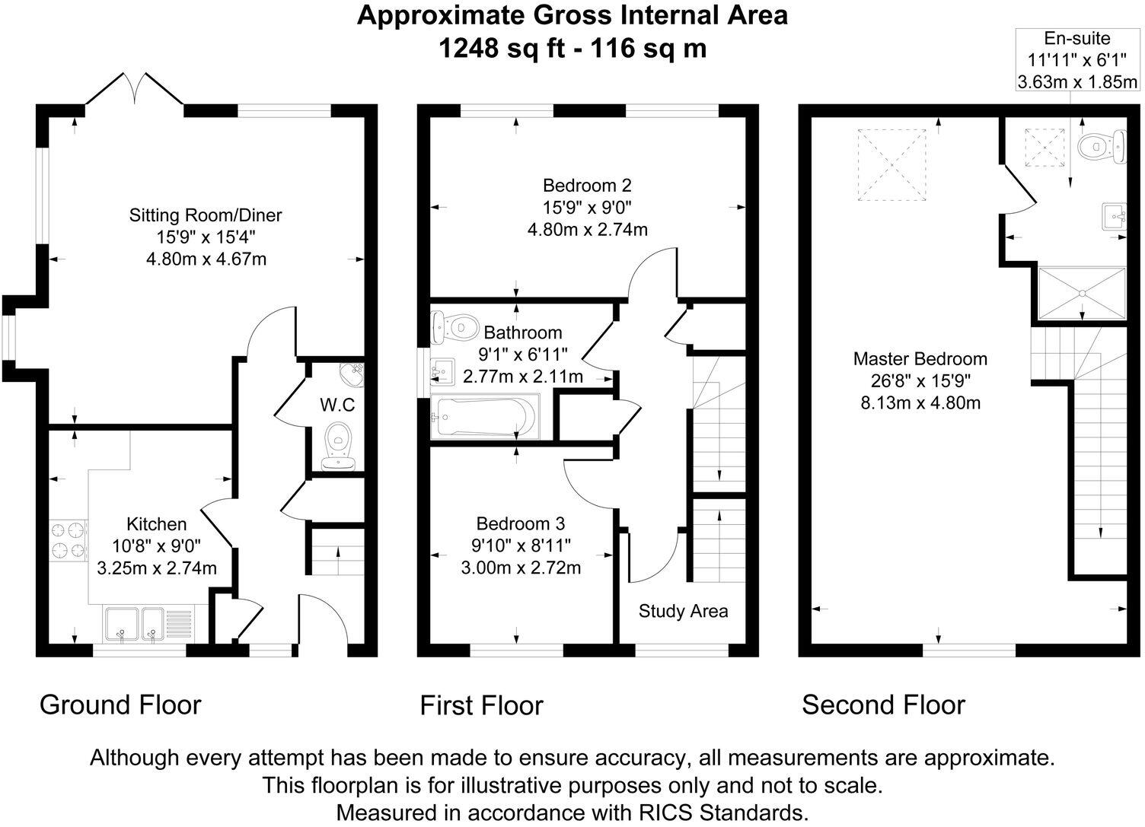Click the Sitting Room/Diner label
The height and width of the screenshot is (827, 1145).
[x=206, y=215]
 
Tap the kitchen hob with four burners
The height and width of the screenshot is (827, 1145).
[x=69, y=540]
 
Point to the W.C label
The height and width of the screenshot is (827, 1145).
[x=336, y=405]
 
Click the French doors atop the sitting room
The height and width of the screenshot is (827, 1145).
[x=135, y=90]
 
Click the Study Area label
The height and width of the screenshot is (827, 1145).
[x=683, y=611]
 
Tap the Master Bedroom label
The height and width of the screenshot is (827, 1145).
[x=920, y=359]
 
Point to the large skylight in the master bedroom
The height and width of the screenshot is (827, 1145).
[x=893, y=165]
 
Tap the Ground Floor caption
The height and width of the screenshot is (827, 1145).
[x=120, y=705]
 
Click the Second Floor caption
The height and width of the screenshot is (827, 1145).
[x=883, y=705]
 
